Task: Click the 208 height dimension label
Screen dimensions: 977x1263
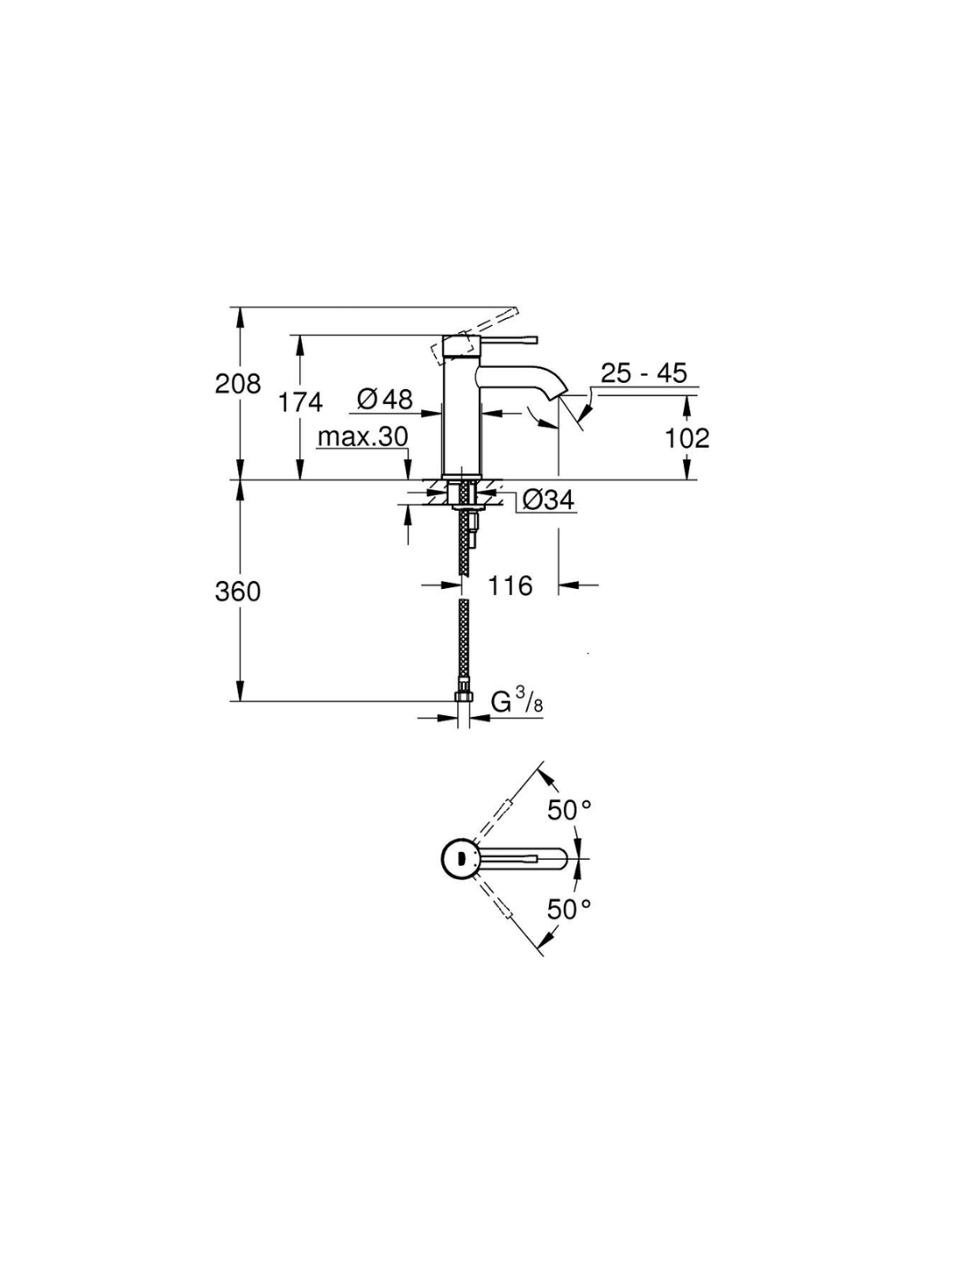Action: coord(238,385)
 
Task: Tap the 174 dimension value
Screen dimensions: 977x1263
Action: coord(300,401)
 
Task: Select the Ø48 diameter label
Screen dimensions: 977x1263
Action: coord(385,400)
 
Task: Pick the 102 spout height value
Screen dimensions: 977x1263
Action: coord(687,438)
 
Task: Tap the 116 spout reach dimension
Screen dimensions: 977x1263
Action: coord(510,585)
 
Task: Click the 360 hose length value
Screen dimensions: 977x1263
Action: coord(238,592)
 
